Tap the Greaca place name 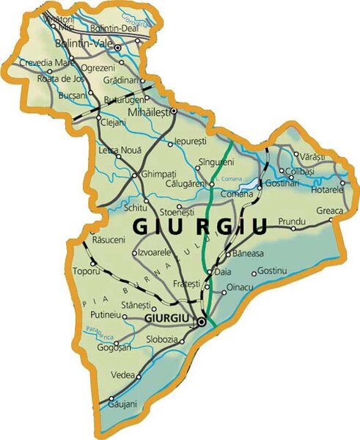329,210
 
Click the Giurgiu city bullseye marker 202,320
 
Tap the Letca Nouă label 119,150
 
